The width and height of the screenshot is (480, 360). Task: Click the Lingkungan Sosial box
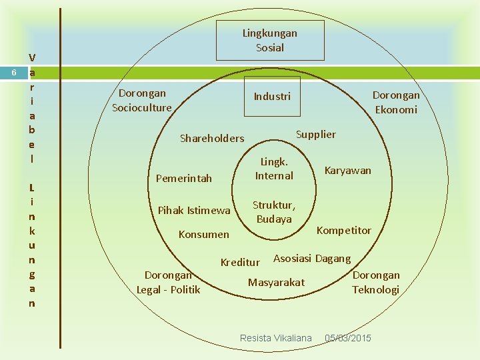click(x=270, y=40)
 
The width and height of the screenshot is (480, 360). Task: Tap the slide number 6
click(x=14, y=73)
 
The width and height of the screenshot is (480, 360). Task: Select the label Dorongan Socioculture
click(x=141, y=100)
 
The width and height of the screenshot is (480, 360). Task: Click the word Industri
click(x=272, y=97)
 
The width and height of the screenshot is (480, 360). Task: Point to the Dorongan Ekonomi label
click(x=396, y=102)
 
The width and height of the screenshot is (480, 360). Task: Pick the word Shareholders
click(x=212, y=139)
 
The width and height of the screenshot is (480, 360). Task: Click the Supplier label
click(x=315, y=134)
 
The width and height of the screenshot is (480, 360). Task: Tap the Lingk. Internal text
click(x=274, y=169)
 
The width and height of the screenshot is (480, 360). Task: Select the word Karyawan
click(x=347, y=171)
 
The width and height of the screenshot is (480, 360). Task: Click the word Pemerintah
click(x=183, y=179)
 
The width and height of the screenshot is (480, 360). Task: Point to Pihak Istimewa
click(x=194, y=211)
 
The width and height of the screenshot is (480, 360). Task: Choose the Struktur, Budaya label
click(x=274, y=212)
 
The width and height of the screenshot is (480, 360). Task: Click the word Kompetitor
click(x=343, y=231)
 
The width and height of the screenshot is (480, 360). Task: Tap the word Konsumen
click(x=203, y=235)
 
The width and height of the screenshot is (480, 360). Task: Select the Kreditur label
click(x=240, y=263)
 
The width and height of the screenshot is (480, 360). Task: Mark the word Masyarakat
click(x=276, y=283)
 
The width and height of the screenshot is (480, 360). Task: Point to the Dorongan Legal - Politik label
click(x=168, y=282)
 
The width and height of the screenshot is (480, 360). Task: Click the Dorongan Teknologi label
click(x=376, y=282)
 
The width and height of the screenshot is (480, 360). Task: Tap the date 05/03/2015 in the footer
click(x=348, y=339)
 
